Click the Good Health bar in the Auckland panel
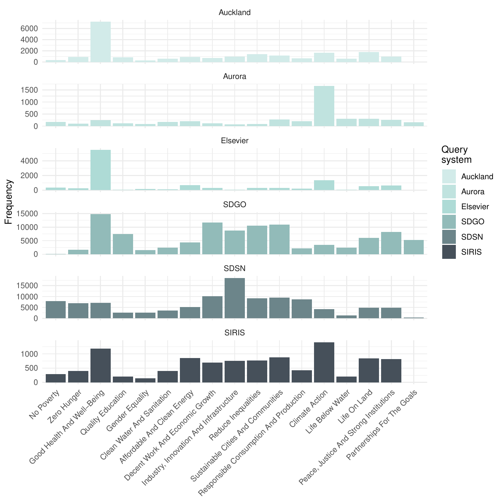point(101,42)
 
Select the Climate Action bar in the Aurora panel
point(324,106)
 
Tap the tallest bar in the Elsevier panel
point(101,170)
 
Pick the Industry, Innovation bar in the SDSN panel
point(235,298)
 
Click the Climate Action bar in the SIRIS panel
point(324,362)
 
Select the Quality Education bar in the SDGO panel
point(123,244)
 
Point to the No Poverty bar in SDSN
point(56,310)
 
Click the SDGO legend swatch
point(449,221)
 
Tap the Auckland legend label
point(477,177)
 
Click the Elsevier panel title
point(235,141)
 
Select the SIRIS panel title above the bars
point(235,333)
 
